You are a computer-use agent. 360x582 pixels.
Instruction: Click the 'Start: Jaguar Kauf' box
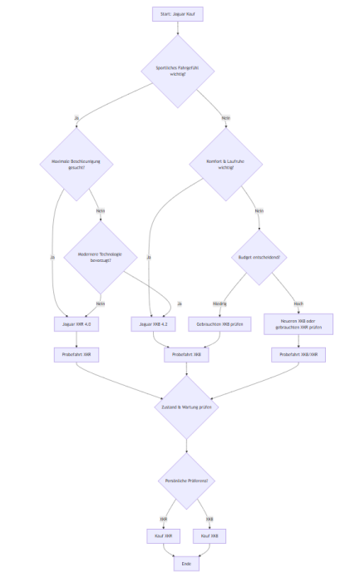[x=178, y=14]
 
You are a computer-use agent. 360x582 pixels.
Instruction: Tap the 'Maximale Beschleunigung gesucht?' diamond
[x=76, y=163]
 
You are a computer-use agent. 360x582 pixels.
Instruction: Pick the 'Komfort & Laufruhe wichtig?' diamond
[x=225, y=163]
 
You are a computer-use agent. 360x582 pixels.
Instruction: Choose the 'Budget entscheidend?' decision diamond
[x=259, y=257]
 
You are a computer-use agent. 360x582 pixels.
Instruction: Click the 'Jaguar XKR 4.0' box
[x=76, y=323]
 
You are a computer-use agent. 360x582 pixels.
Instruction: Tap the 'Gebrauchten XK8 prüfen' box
[x=219, y=323]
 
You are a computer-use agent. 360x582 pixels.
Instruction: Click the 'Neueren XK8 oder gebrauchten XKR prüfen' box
[x=298, y=323]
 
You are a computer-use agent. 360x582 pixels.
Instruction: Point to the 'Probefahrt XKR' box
[x=76, y=354]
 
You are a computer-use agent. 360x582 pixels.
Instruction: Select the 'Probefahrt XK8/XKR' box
[x=298, y=354]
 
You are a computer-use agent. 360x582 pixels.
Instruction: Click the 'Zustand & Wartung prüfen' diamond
[x=186, y=407]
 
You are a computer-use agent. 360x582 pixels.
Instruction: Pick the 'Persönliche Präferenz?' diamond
[x=186, y=481]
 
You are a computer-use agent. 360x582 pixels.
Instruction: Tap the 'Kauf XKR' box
[x=163, y=536]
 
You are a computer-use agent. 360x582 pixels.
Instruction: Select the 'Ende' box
[x=186, y=564]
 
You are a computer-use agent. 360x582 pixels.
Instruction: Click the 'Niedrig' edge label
[x=219, y=303]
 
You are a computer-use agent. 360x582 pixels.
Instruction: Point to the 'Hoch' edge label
[x=298, y=303]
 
